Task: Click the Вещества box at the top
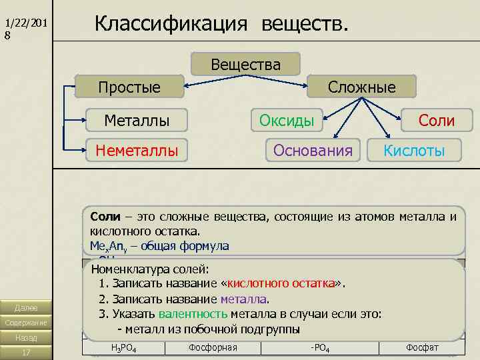246,65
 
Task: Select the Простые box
129,87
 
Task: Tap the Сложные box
361,87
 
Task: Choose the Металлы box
137,121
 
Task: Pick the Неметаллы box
137,151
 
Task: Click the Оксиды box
287,121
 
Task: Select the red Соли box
436,121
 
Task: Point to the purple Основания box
313,151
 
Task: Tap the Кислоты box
414,151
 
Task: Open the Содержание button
26,323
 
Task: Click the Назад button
26,337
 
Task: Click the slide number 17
26,352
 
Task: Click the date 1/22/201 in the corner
26,23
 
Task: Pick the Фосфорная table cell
213,347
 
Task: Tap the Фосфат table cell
421,347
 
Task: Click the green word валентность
193,314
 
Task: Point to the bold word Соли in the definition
105,217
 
